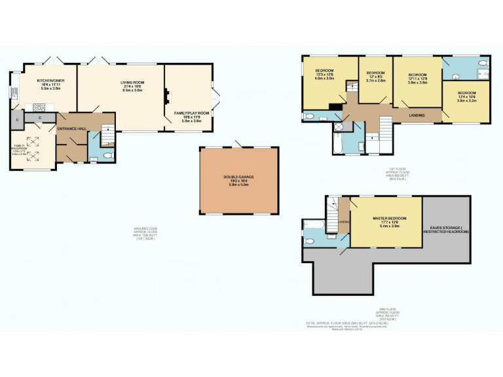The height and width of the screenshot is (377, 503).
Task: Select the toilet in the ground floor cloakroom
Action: point(107,155)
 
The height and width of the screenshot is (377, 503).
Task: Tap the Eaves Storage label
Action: point(446,230)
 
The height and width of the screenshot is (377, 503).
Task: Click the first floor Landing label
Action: point(416,116)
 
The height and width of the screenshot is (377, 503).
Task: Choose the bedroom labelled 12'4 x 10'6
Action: point(466,96)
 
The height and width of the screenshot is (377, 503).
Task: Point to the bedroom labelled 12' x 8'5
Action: point(375,76)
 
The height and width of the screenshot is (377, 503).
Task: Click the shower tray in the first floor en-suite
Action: point(340,127)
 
